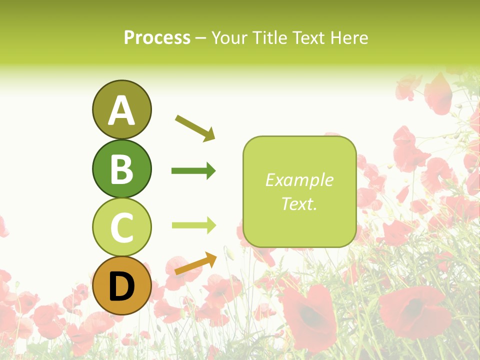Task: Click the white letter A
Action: [121, 111]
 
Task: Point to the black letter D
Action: [121, 287]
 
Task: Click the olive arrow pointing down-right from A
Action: [195, 127]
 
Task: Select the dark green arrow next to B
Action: [193, 171]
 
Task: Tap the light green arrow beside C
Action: [193, 225]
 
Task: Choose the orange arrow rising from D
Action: [195, 264]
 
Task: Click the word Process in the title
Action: [157, 38]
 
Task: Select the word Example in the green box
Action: [299, 180]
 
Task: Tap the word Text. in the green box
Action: [299, 203]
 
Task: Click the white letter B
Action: [121, 169]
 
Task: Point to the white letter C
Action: [121, 228]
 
